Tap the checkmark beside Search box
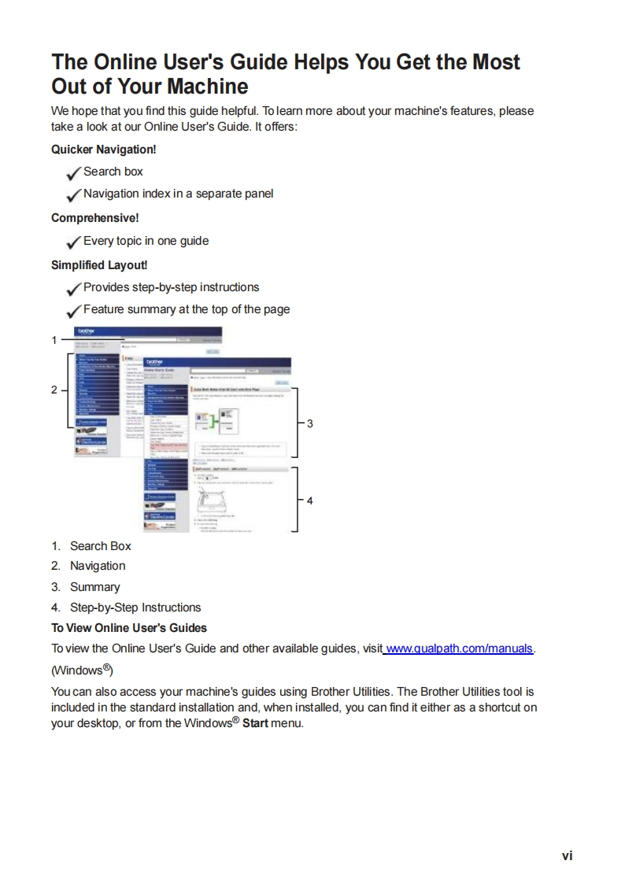pos(74,172)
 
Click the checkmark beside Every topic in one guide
pos(74,242)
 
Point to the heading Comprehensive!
pos(94,218)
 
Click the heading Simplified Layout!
pos(99,265)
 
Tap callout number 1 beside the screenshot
pos(54,340)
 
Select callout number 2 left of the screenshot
pos(54,390)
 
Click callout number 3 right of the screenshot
pos(310,423)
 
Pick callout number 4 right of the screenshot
pos(310,501)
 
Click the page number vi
pos(567,855)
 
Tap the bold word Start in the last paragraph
pos(251,723)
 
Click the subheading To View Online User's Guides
pos(129,628)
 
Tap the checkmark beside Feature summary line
pos(74,311)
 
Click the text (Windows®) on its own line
pos(80,671)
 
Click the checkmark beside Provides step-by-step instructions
pos(74,288)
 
